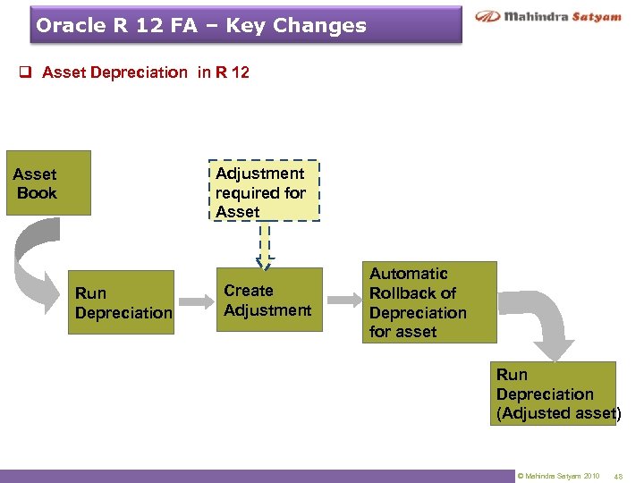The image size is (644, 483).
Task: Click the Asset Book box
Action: (x=48, y=182)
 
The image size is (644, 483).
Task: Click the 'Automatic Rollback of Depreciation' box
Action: (x=428, y=302)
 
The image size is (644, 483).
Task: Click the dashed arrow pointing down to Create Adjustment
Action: (x=265, y=244)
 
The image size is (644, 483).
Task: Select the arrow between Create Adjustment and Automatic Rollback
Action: (x=342, y=300)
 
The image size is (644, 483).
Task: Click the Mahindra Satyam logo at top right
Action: (x=548, y=17)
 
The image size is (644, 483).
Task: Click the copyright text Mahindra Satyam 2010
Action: (x=558, y=475)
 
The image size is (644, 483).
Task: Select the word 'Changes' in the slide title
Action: (x=323, y=26)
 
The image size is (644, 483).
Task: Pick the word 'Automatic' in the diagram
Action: (x=409, y=274)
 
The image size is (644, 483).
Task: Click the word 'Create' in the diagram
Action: (x=249, y=291)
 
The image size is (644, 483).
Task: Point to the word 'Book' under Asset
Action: (x=37, y=193)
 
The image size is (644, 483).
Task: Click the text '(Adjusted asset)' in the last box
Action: (x=559, y=413)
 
